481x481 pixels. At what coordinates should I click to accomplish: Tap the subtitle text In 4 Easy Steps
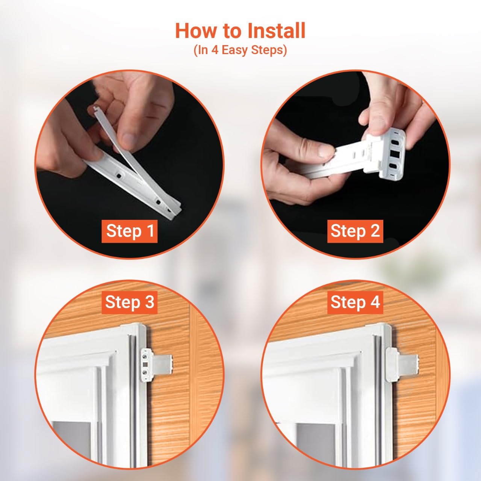[x=240, y=50]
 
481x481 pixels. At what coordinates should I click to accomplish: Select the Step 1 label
[x=130, y=231]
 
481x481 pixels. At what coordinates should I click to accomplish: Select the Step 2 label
[x=355, y=231]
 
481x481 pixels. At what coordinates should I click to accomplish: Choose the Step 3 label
[x=130, y=302]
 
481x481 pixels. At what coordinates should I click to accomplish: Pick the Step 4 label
[x=355, y=302]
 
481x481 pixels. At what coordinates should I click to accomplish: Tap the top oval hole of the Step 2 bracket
[x=395, y=142]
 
